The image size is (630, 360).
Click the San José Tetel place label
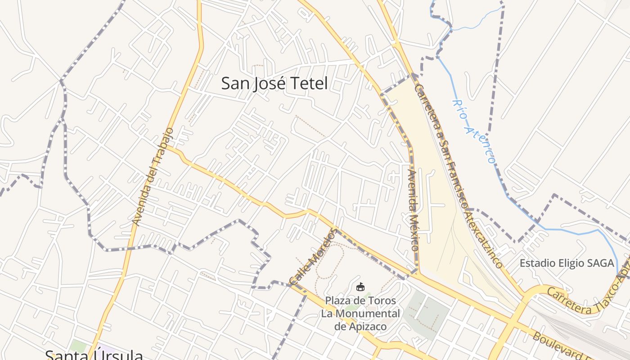(x=274, y=84)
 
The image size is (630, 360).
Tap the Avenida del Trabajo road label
(x=153, y=176)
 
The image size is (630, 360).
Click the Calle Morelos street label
(x=313, y=257)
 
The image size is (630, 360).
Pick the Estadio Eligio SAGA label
(x=567, y=263)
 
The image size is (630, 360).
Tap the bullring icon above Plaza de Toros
(x=360, y=286)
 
